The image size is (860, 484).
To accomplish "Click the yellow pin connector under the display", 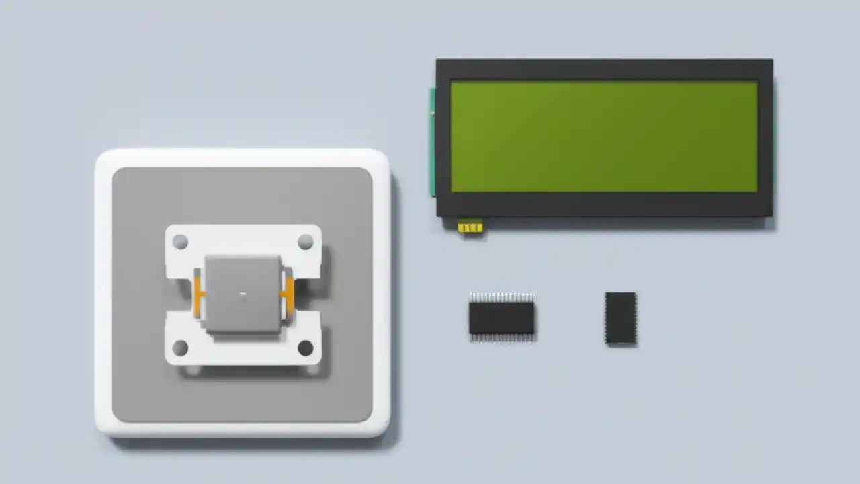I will point(470,227).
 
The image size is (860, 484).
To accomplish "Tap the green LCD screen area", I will point(603,136).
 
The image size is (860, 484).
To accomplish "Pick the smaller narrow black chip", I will point(620,318).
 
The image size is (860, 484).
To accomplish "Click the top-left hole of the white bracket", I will point(180,241).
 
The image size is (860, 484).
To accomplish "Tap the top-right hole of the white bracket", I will point(306,241).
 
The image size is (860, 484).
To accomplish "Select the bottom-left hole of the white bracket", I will point(180,348).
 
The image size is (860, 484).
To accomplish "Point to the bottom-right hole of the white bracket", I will point(306,348).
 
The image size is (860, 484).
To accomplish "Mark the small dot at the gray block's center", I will point(243,294).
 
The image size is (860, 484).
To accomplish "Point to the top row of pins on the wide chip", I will point(501,297).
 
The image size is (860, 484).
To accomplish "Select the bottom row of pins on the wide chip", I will point(501,338).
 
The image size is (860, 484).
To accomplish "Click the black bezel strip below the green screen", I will point(603,204).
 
